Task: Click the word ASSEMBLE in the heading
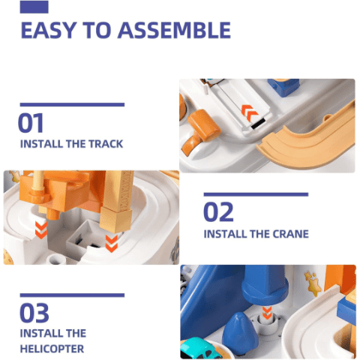(x=174, y=30)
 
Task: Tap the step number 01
(x=31, y=123)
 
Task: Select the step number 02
(x=218, y=212)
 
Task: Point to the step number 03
(x=34, y=313)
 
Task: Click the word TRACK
(x=106, y=144)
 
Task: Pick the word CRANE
(x=290, y=234)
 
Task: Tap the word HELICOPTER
(x=52, y=349)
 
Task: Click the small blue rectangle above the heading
(x=34, y=7)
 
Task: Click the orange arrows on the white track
(x=250, y=113)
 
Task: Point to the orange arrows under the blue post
(x=267, y=313)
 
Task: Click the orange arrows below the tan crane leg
(x=111, y=244)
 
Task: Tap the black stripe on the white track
(x=258, y=124)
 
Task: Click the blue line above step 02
(x=256, y=194)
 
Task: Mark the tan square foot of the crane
(x=115, y=219)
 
